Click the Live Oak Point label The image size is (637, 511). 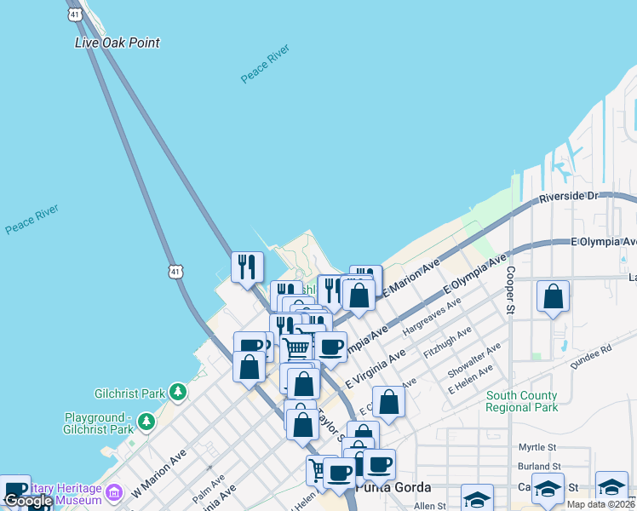pos(118,43)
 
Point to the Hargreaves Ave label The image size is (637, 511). pos(432,313)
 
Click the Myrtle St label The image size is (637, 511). pos(537,447)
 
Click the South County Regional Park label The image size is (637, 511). pos(521,401)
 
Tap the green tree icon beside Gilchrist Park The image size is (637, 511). pos(177,393)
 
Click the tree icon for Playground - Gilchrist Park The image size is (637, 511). pos(146,422)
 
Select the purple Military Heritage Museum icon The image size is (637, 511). pos(113,491)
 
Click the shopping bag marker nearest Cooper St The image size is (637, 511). pos(554,297)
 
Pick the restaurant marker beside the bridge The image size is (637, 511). pos(247,267)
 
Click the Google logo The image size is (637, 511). pos(28,502)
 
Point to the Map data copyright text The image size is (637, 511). pos(600,504)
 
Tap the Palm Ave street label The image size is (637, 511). pos(209,489)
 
